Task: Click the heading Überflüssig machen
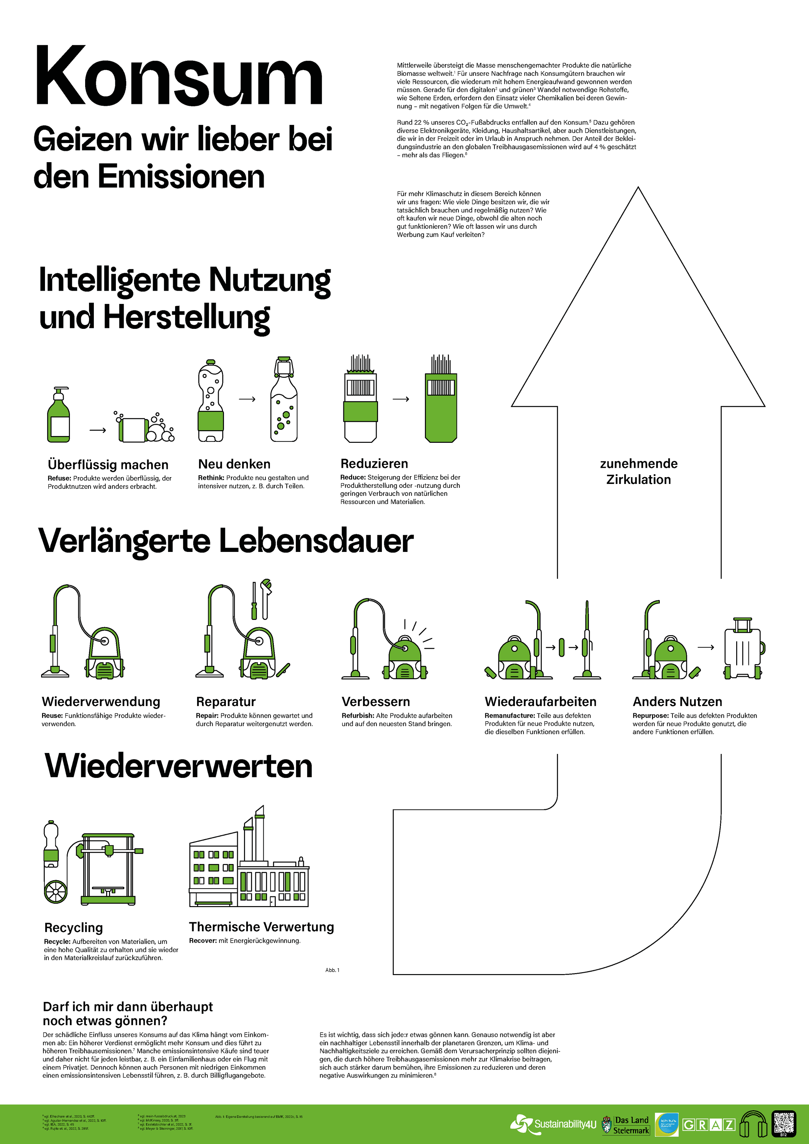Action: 108,465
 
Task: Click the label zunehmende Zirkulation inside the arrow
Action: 639,471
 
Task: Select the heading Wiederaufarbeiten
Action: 540,701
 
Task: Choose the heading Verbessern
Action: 376,701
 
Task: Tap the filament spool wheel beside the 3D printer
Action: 55,892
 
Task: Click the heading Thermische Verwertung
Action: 261,927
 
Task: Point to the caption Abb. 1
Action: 332,970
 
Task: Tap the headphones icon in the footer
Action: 753,1124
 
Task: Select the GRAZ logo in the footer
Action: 708,1125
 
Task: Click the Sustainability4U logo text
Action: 565,1124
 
